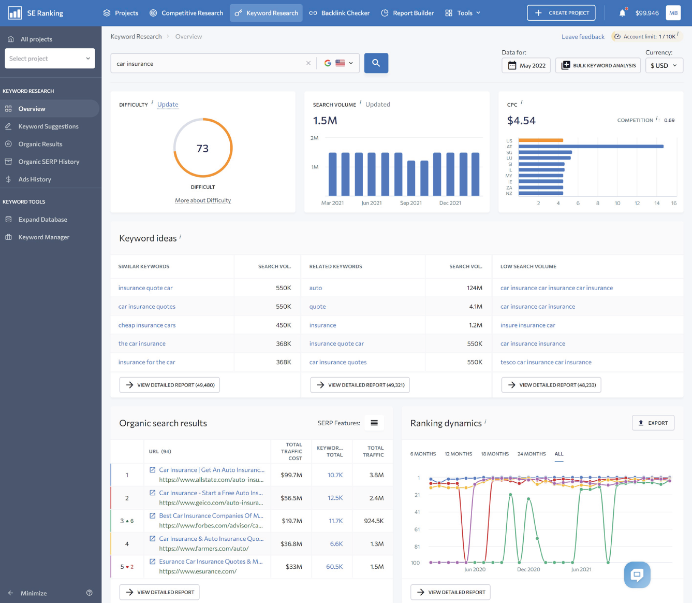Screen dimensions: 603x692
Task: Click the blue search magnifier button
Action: point(376,63)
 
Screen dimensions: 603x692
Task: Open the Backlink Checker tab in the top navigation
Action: point(340,13)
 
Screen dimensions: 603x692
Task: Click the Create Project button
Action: point(561,13)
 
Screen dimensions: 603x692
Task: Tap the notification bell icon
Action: point(622,13)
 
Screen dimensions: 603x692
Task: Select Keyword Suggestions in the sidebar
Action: point(48,126)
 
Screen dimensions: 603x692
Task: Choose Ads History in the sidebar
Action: point(35,179)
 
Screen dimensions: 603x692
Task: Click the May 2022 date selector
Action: point(526,66)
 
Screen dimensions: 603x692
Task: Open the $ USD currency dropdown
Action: point(664,66)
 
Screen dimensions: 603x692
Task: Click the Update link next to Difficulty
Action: point(168,105)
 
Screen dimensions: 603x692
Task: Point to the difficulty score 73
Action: point(202,149)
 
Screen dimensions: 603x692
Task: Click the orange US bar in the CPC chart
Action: point(540,140)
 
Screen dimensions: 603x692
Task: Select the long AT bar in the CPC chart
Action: point(591,147)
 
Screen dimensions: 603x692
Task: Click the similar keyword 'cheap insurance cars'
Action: point(147,325)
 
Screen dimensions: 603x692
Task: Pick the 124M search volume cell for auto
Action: point(474,288)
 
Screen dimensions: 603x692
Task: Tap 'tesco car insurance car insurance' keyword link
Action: point(546,362)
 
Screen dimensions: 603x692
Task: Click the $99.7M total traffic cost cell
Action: point(291,475)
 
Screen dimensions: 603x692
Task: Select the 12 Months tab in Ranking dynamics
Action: point(458,454)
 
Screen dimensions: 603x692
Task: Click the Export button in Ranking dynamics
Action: point(653,423)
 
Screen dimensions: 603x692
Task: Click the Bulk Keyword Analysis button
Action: point(598,66)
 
